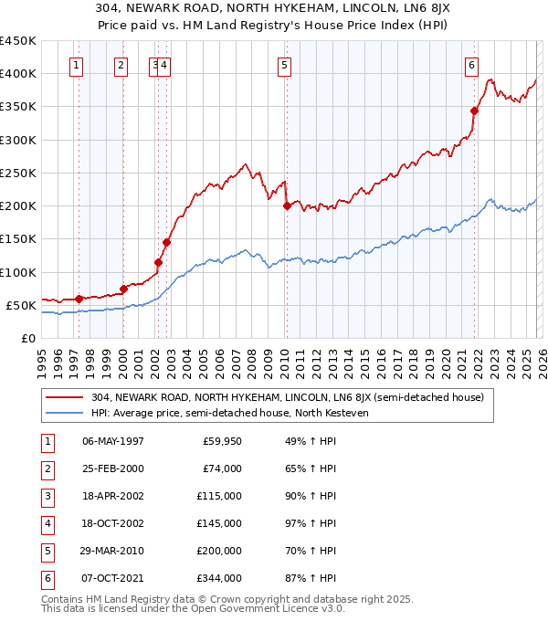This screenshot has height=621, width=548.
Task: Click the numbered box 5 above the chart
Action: point(285,65)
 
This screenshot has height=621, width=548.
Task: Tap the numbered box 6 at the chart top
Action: point(471,65)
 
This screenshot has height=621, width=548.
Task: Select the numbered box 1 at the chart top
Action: point(76,65)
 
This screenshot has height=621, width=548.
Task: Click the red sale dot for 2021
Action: point(474,111)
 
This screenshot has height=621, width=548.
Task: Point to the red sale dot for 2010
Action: point(287,205)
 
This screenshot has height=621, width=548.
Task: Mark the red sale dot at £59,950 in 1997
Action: point(79,299)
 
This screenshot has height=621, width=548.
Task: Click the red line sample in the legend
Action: point(65,397)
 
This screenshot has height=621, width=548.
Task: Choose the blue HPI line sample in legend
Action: point(65,413)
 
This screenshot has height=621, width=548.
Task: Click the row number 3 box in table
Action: point(45,496)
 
